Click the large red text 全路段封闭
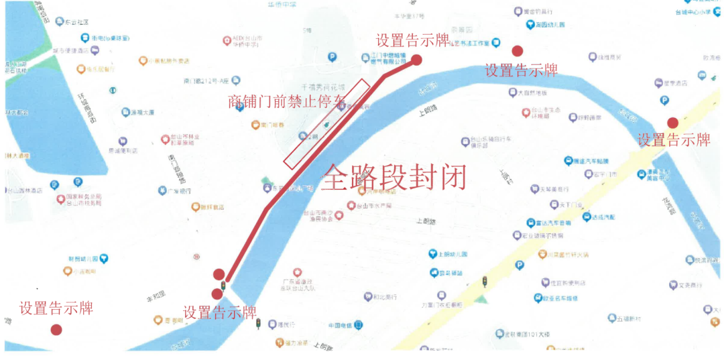(x=394, y=178)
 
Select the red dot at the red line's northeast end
(x=416, y=60)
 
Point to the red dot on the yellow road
(x=672, y=123)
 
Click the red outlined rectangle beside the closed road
(x=327, y=124)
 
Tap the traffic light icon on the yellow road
(x=485, y=282)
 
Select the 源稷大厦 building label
(x=141, y=112)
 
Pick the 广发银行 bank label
(x=176, y=191)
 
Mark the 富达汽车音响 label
(x=553, y=223)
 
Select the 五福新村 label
(x=629, y=318)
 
